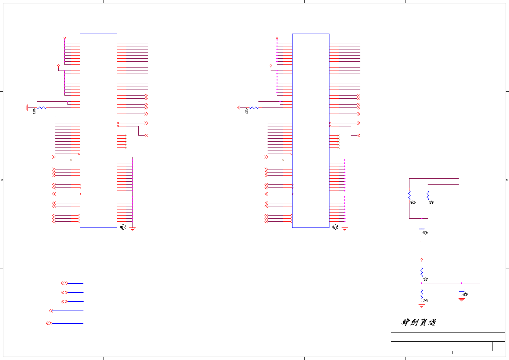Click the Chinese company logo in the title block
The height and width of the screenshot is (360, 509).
[x=419, y=322]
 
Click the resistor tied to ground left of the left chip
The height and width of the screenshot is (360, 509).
[x=42, y=108]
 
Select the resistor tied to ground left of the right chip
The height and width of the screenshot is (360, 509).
[x=254, y=108]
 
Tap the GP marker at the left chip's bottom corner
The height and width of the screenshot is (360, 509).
[x=123, y=227]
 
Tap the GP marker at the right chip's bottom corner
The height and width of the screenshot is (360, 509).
[x=335, y=227]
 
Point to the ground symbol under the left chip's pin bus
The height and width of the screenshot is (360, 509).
[x=132, y=229]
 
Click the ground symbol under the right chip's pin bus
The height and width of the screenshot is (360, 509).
[x=345, y=229]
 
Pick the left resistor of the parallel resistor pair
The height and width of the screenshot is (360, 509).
[x=409, y=195]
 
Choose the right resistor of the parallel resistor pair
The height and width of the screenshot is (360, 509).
[x=428, y=195]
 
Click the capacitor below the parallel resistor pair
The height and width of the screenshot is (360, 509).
[x=422, y=229]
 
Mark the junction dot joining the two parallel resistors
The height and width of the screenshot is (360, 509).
[x=422, y=218]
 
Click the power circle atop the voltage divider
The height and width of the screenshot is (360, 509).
[x=422, y=259]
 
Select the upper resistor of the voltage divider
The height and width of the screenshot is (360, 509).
[x=422, y=272]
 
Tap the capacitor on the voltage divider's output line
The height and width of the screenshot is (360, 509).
[x=462, y=290]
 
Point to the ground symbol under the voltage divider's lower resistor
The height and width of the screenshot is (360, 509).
[x=422, y=306]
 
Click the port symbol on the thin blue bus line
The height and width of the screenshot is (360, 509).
[x=51, y=311]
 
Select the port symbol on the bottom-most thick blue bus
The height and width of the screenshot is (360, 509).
[x=49, y=323]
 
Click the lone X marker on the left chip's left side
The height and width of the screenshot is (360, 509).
[x=71, y=160]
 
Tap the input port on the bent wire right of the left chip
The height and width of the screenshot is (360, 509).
[x=146, y=135]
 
